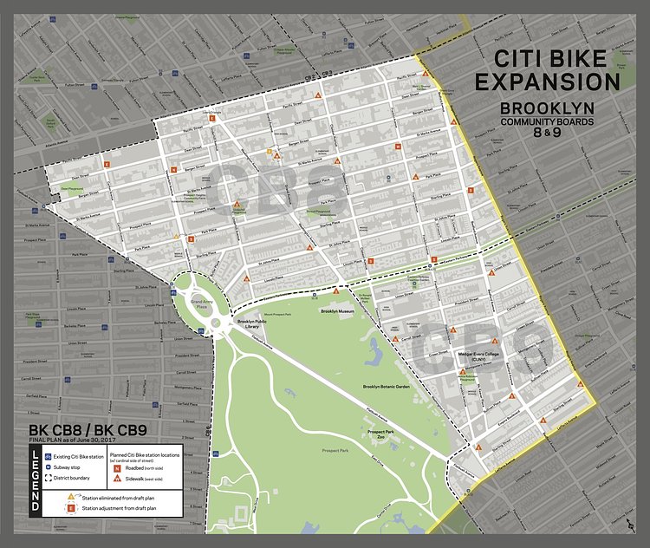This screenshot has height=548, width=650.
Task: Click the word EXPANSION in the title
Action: [557, 82]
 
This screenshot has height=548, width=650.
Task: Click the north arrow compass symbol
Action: [629, 525]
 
